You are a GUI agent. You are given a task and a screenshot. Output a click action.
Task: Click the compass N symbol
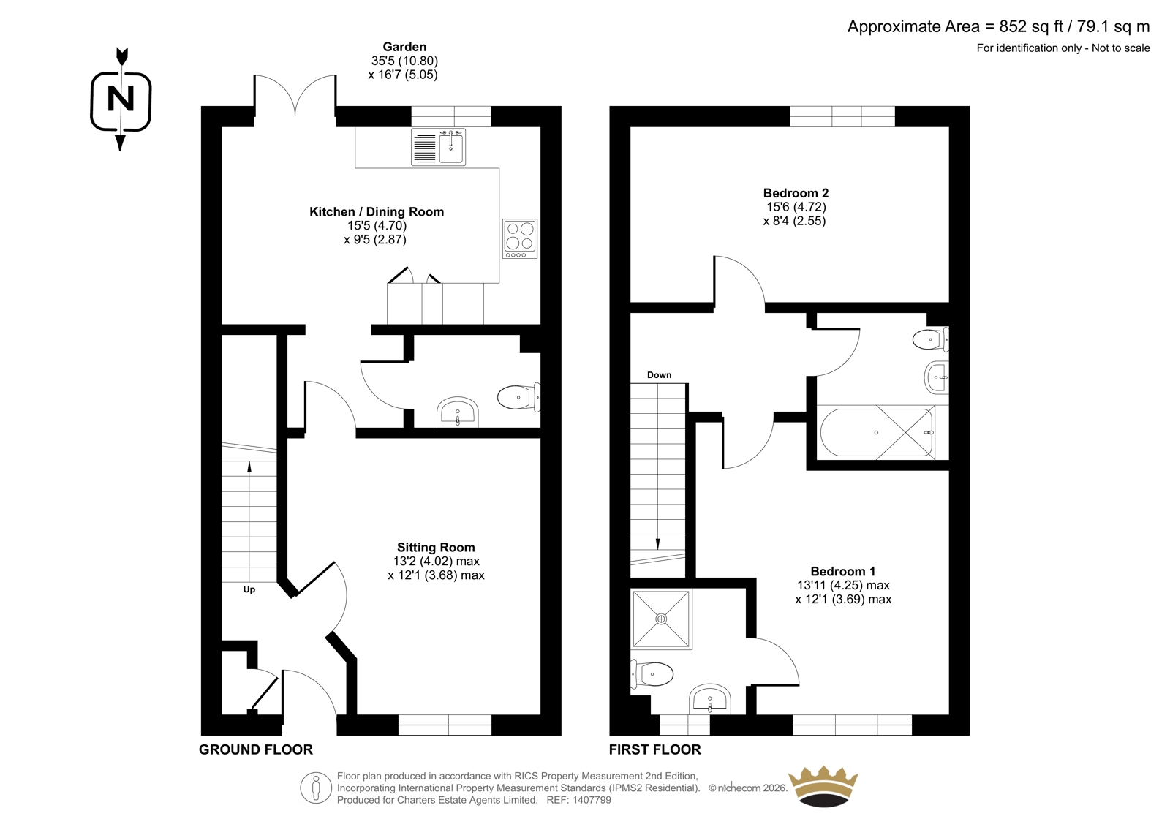click(x=121, y=100)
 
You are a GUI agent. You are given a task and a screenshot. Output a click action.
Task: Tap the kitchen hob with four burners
click(x=520, y=239)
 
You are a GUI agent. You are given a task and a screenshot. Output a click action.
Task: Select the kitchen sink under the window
click(x=438, y=147)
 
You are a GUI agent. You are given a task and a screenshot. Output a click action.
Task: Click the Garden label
click(x=404, y=47)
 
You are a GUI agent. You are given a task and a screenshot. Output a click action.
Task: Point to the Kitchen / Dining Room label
click(x=377, y=211)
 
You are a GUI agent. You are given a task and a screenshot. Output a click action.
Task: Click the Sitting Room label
click(x=436, y=547)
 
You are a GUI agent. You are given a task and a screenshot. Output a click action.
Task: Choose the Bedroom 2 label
click(x=796, y=193)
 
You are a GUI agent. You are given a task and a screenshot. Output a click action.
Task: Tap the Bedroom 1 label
click(x=842, y=571)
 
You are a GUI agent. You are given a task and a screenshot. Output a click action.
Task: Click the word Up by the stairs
click(x=249, y=590)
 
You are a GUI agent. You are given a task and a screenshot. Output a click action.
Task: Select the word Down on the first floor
click(x=659, y=374)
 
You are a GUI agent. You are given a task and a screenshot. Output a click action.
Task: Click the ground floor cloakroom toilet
click(x=518, y=397)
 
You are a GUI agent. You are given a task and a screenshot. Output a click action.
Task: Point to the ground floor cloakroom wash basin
click(x=458, y=412)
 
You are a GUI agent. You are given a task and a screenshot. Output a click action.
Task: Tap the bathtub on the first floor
click(x=877, y=432)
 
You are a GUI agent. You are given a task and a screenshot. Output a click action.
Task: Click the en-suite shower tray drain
click(x=661, y=619)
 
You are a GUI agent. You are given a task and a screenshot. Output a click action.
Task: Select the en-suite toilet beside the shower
click(x=652, y=674)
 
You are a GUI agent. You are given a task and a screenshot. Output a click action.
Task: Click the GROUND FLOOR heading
click(x=256, y=749)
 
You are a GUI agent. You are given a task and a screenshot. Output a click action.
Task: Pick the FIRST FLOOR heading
click(x=655, y=749)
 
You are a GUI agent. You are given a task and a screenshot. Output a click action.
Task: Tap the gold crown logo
click(x=823, y=786)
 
